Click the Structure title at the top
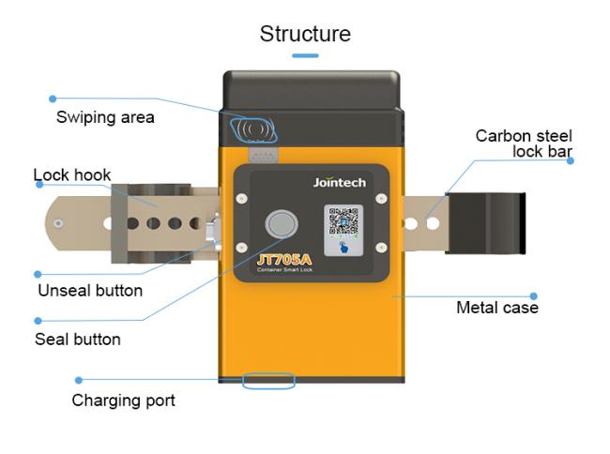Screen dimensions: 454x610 coord(305,35)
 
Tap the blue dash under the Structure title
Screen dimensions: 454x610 coord(305,56)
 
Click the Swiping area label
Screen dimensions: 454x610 coord(105,118)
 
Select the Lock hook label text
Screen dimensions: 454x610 coord(72,174)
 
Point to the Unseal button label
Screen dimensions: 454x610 coord(90,290)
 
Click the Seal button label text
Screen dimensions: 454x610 coord(78,339)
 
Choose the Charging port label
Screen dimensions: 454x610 coord(124,401)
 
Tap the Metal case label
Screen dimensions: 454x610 coord(497,308)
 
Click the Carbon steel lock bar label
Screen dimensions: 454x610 coord(524,144)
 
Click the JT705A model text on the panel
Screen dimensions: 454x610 coord(285,258)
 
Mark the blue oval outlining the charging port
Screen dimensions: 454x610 coord(268,380)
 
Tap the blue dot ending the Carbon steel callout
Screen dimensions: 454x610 coord(571,160)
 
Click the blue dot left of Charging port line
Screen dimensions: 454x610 coord(79,380)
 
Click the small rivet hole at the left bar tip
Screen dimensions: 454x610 coord(59,223)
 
